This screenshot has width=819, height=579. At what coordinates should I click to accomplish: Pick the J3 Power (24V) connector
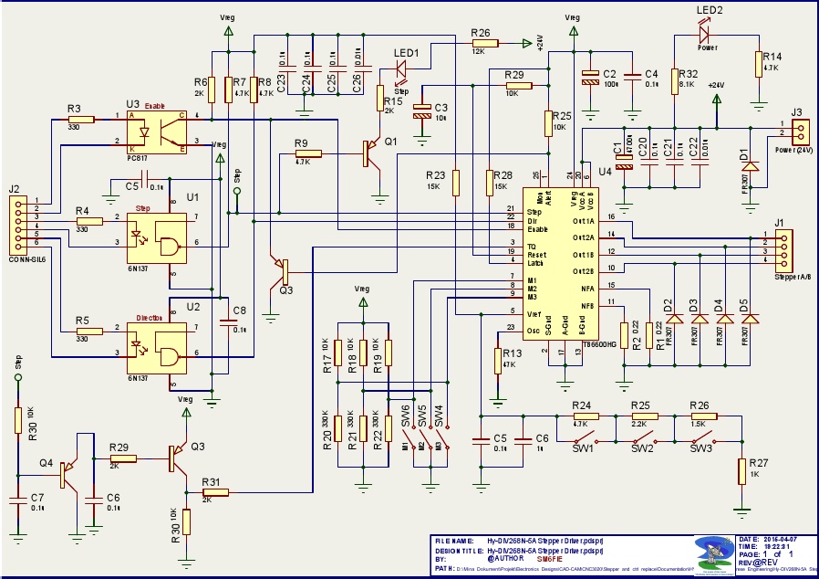[796, 130]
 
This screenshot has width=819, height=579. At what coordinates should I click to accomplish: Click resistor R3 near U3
[79, 119]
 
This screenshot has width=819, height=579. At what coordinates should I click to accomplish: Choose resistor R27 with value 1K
[741, 470]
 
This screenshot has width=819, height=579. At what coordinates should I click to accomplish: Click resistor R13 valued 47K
[498, 358]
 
